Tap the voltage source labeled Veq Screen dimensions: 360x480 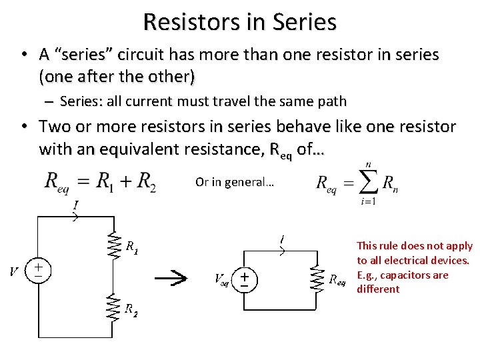[245, 278]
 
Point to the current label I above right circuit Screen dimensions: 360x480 [283, 239]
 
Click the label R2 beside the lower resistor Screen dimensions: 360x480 [132, 309]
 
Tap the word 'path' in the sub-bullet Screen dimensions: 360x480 [332, 101]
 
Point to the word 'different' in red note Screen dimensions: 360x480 [378, 289]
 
